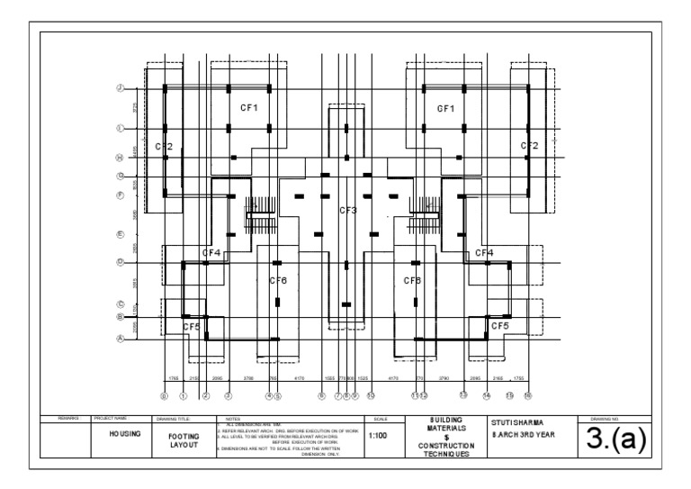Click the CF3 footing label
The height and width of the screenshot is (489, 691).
tap(348, 211)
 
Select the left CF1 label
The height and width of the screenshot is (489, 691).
tap(249, 108)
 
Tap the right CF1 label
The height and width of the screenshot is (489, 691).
tap(446, 108)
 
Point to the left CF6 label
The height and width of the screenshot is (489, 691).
tap(278, 281)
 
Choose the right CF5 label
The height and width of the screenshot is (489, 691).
tap(499, 326)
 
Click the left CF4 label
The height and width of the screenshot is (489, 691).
tap(211, 253)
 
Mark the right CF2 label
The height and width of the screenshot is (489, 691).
tap(529, 146)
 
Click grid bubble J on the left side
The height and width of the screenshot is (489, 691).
tap(120, 88)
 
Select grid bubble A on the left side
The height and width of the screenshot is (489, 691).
tap(120, 339)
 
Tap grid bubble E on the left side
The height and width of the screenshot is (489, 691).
tap(120, 235)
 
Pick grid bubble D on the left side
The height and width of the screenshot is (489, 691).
tap(120, 263)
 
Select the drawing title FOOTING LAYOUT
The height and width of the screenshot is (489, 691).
tap(184, 439)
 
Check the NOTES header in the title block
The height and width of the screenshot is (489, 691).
tap(234, 419)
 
